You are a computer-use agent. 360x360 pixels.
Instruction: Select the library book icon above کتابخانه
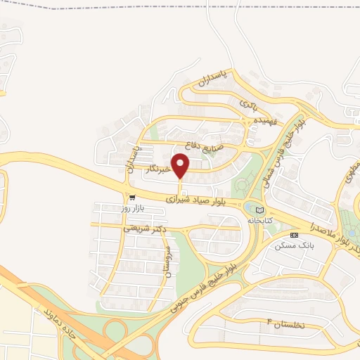coord(259,209)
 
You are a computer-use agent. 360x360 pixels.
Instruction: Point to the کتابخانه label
coord(259,220)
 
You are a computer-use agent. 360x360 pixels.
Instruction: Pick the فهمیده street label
coord(269,122)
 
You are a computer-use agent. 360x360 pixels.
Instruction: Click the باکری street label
coord(250,105)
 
